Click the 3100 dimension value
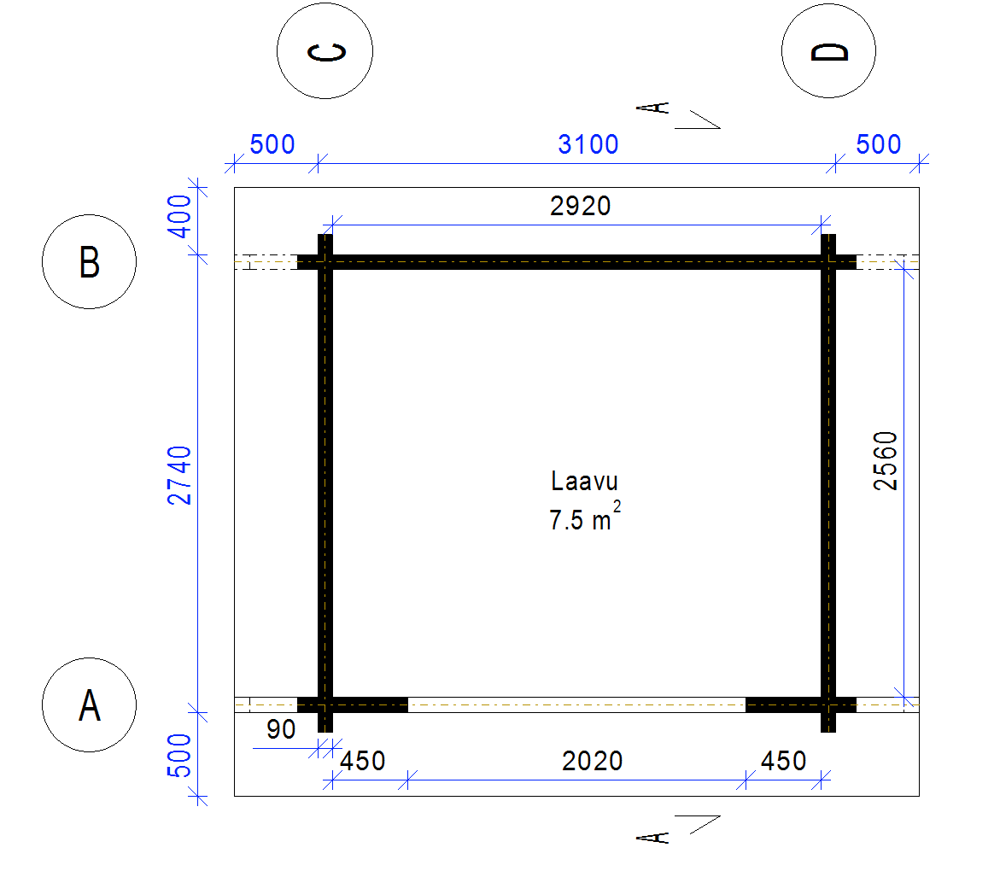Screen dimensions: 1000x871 tap(588, 145)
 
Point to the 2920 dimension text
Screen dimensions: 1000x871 tap(581, 206)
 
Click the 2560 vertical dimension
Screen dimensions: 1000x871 tap(886, 461)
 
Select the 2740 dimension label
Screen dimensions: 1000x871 tap(179, 476)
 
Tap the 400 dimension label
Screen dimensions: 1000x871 tap(179, 216)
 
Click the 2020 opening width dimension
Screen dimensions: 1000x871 tap(592, 761)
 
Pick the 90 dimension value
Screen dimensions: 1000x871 tap(281, 729)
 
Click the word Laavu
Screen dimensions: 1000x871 tap(584, 482)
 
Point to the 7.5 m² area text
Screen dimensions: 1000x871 tap(585, 517)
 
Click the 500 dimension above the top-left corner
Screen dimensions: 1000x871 tap(272, 145)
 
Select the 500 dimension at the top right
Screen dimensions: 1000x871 tap(878, 145)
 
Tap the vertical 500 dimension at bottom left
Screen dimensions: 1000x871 tap(179, 756)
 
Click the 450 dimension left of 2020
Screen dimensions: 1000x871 tap(362, 761)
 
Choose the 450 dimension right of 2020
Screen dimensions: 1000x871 tap(783, 761)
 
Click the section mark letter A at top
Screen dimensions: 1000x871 tap(653, 108)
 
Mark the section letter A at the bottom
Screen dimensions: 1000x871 tap(653, 837)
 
